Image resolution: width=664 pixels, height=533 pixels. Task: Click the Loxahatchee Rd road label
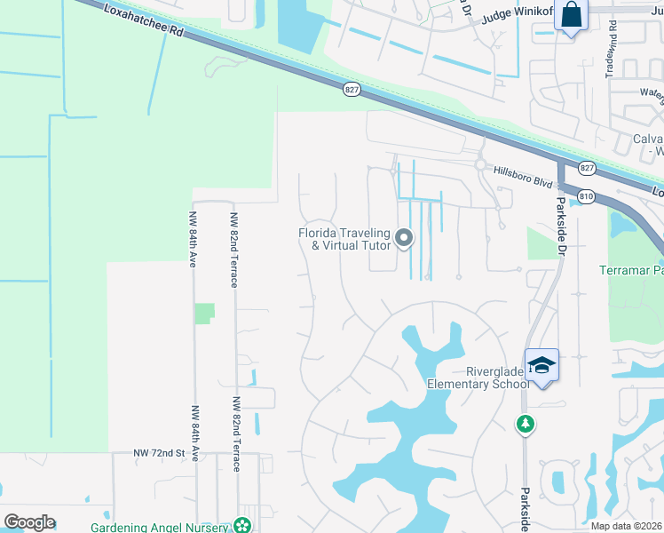141,19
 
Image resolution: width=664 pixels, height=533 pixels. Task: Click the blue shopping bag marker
570,16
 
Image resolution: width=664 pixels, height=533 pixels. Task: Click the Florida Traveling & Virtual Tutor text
343,239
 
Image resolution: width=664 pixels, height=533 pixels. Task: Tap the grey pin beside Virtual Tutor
404,237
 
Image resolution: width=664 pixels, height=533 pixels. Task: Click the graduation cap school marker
541,364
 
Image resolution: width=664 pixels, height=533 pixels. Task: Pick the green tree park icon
526,425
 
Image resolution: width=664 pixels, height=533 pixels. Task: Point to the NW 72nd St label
158,454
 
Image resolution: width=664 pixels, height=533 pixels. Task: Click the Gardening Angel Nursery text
161,526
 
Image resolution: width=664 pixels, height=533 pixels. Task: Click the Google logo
29,522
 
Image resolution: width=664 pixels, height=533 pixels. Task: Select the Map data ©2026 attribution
627,526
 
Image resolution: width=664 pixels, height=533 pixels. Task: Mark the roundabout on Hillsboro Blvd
480,164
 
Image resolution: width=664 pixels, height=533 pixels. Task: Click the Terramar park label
631,270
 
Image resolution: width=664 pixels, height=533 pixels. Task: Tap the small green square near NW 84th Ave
204,313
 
